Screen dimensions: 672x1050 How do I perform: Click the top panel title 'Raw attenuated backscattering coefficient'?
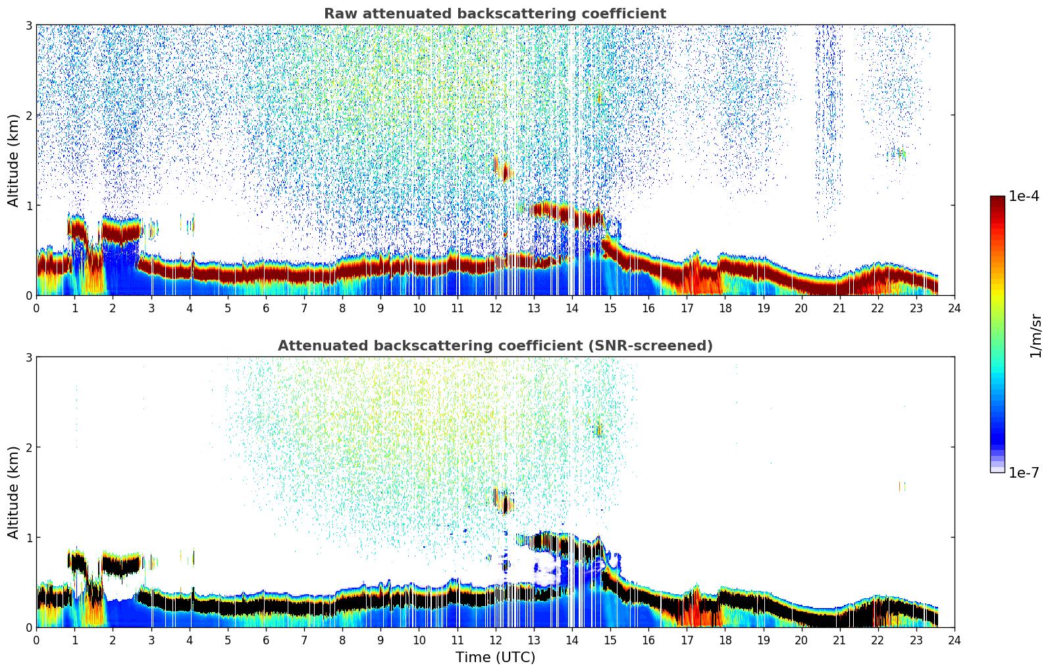pos(494,14)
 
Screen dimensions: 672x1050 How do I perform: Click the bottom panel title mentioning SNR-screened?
pos(494,346)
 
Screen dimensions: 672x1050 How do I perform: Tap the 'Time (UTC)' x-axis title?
pos(495,658)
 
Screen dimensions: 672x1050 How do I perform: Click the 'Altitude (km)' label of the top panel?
pos(13,160)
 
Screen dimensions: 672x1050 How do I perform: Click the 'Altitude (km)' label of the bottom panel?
pos(13,492)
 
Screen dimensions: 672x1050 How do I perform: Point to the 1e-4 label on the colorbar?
pos(1024,196)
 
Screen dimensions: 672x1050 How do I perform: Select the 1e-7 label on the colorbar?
pos(1024,472)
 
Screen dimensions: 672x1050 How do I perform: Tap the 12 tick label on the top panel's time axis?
pos(495,308)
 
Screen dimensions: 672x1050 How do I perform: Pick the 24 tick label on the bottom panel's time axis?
pos(954,640)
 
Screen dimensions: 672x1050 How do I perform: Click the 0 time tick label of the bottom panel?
pos(36,640)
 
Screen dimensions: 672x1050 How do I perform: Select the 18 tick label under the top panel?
pos(725,308)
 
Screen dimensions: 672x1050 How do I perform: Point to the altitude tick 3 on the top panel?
pos(28,25)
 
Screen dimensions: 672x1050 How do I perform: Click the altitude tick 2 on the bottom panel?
pos(28,447)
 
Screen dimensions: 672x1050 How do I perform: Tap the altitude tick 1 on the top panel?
pos(28,206)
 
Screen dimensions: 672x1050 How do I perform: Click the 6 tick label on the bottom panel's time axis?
pos(266,640)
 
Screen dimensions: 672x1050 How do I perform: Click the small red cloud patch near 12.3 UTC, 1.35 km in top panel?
pos(506,173)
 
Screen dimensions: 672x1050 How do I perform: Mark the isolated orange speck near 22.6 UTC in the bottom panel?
pos(901,486)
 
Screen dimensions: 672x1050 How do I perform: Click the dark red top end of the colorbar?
pos(997,199)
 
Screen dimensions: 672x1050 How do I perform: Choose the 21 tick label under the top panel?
pos(839,308)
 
